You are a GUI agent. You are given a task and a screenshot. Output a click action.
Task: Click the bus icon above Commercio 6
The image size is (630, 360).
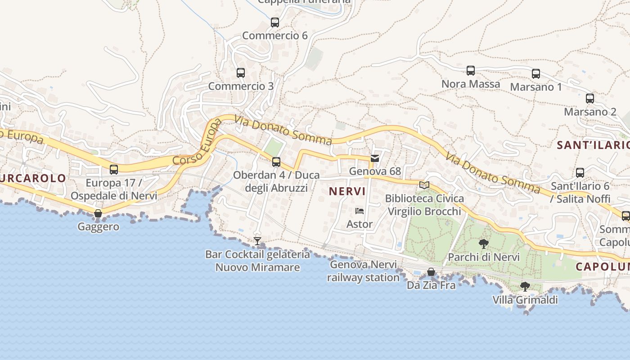point(274,22)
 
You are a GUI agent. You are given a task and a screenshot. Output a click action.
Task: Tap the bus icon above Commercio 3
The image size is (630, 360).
point(240,72)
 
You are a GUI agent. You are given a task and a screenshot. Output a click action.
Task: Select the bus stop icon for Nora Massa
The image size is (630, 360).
point(470,70)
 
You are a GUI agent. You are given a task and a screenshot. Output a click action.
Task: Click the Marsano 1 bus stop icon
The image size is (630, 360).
point(535,73)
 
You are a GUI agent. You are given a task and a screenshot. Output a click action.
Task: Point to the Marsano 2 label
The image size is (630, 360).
point(590,112)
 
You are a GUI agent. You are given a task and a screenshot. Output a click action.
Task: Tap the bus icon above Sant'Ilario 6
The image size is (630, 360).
point(580,172)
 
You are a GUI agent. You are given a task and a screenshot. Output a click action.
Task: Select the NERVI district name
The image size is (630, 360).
point(347,191)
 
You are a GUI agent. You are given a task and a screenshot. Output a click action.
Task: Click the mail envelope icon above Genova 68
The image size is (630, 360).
point(374,158)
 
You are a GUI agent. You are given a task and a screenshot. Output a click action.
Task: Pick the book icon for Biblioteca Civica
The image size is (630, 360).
point(424,184)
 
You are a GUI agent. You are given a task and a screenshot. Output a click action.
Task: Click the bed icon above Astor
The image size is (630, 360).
point(359,211)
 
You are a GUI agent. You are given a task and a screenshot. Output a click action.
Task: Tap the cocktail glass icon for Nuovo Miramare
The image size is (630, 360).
point(257,241)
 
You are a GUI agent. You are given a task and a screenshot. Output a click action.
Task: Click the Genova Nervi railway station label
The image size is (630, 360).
point(363,271)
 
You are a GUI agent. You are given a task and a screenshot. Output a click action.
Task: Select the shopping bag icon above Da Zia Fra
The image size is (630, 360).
point(431,272)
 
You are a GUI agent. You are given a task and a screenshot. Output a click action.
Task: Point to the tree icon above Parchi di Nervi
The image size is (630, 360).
point(484,244)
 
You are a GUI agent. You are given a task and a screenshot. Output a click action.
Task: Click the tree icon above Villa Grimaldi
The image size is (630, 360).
point(525,286)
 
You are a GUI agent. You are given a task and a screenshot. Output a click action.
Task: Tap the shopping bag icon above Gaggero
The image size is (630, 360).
point(98,213)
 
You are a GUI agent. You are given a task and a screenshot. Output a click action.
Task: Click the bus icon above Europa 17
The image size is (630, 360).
point(114,169)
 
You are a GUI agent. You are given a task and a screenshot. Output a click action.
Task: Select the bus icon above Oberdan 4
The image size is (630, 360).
point(276,162)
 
